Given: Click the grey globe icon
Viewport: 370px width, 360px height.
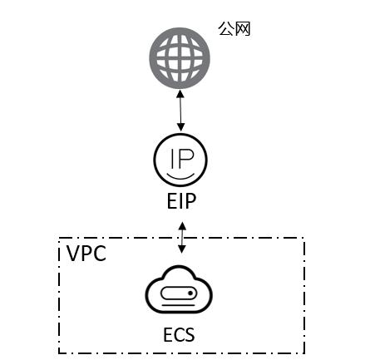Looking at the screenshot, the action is [x=180, y=58].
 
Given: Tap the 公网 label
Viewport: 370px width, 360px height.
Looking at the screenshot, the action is [x=234, y=28].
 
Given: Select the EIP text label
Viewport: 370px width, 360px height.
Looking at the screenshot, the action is [x=181, y=201].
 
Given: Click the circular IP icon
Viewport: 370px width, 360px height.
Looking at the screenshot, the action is [x=180, y=160].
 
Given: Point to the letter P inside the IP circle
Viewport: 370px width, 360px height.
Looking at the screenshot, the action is [x=186, y=158].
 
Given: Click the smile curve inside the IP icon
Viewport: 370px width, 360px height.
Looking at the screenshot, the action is [x=180, y=176].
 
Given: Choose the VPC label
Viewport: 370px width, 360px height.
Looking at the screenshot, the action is [x=86, y=254].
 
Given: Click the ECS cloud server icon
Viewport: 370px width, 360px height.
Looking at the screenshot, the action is [x=179, y=289].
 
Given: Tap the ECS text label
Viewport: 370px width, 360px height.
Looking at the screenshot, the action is [x=179, y=335].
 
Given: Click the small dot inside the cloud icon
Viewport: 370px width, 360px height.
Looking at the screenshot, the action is [x=190, y=293].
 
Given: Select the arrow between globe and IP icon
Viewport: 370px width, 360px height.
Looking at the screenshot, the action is [x=180, y=111].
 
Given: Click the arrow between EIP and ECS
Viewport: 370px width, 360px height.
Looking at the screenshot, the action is [x=182, y=238].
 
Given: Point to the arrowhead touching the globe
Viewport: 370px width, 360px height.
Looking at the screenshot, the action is [x=180, y=93].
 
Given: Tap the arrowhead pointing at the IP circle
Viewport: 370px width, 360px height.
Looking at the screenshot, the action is [x=181, y=127].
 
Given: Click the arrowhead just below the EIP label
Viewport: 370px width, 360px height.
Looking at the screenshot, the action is [x=182, y=225].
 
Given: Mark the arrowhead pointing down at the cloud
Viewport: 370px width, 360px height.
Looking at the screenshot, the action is [x=182, y=249].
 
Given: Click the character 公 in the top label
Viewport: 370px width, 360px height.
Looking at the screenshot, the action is [x=225, y=28].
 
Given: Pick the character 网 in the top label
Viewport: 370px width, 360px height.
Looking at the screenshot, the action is [x=243, y=29].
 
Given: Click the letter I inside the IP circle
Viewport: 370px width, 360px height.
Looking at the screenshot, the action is [x=173, y=159].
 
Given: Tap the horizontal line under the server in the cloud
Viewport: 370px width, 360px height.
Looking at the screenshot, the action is [x=179, y=305].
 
